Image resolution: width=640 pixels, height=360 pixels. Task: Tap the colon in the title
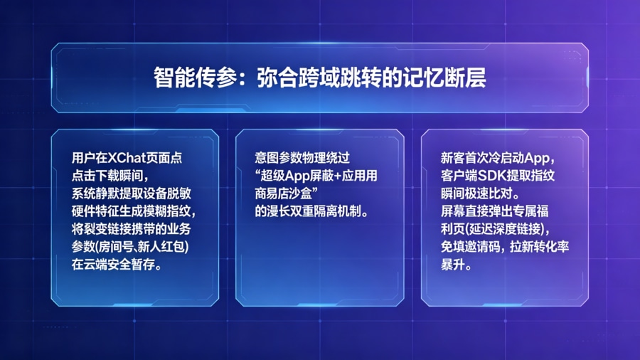241,78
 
